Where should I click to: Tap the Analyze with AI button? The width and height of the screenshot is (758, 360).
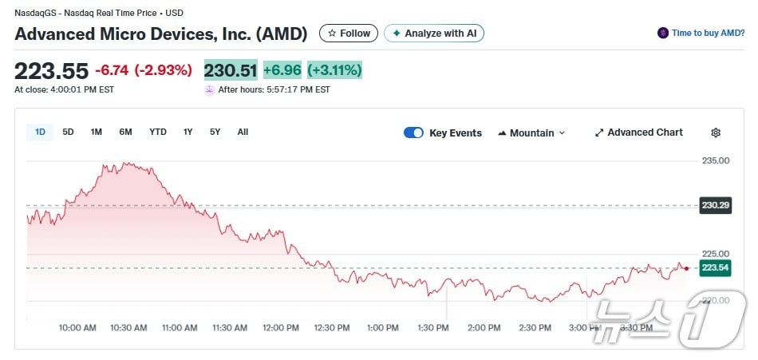(x=434, y=34)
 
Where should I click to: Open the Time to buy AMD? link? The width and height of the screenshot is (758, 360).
(x=702, y=34)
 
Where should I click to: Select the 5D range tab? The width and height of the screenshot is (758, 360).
(x=68, y=132)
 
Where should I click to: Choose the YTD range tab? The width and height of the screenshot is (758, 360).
(x=158, y=132)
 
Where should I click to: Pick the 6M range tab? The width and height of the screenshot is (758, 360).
(x=125, y=132)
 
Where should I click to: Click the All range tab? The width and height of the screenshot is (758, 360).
(x=243, y=132)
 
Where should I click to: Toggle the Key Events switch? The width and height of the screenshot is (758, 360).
(x=413, y=133)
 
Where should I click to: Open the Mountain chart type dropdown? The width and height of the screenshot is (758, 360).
(x=531, y=133)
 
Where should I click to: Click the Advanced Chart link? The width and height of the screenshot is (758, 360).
(x=638, y=133)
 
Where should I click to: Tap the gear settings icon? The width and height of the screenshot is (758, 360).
(x=716, y=133)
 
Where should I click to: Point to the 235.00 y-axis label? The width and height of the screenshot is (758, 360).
(x=716, y=160)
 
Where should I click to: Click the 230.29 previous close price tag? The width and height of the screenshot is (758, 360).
(x=716, y=205)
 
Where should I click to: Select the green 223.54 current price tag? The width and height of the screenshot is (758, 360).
(x=716, y=267)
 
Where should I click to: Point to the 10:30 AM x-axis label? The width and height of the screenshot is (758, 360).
(x=128, y=328)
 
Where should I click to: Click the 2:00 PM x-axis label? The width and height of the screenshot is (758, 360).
(x=484, y=328)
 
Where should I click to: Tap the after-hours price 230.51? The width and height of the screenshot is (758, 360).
(x=231, y=70)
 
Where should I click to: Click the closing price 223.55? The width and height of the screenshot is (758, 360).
(x=51, y=70)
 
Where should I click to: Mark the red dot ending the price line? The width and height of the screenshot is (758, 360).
(x=686, y=268)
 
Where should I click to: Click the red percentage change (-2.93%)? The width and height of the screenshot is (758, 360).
(x=163, y=70)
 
